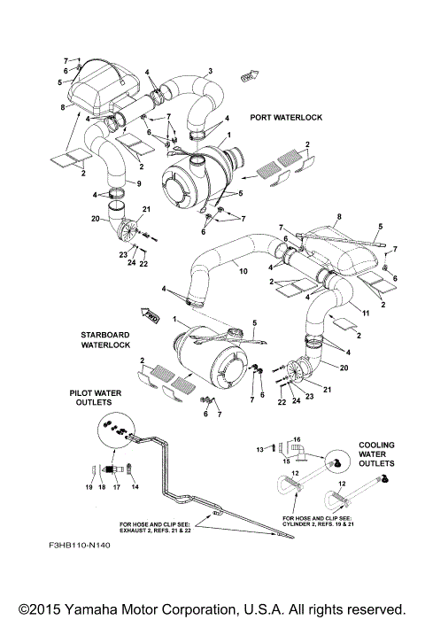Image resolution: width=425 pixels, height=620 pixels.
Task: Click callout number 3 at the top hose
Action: tap(210, 70)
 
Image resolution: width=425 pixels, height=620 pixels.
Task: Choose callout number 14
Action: tap(135, 486)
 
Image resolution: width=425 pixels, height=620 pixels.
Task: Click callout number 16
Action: tap(297, 438)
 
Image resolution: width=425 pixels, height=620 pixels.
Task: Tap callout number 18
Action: tap(103, 486)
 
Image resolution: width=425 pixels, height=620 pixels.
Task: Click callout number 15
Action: tap(285, 459)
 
